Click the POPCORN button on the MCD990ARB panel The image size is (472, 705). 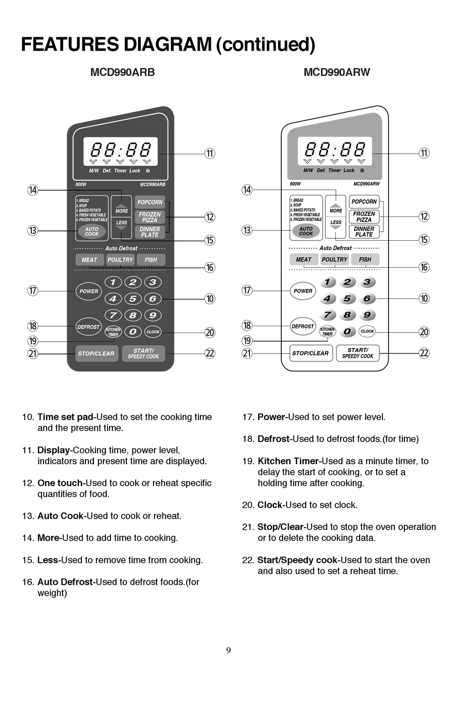coord(150,202)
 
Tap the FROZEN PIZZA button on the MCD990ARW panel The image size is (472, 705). coord(364,216)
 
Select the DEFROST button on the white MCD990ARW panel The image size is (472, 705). coord(303,326)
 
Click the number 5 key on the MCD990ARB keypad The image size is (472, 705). coord(133,298)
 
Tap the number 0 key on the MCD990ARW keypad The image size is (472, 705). coord(347,331)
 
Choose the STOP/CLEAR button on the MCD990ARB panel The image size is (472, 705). coord(96,353)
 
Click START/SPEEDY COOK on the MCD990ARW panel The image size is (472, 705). coord(358,353)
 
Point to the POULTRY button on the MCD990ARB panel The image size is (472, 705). coord(120,260)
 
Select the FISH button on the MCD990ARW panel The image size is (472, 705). coord(365,259)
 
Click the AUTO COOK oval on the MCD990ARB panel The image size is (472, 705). coord(92,231)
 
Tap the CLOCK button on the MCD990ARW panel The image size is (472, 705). coord(367,331)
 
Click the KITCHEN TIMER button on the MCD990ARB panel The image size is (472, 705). coord(113,332)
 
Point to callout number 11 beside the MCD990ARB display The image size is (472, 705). coord(210,153)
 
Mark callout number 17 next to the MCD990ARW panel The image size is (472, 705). coord(247,290)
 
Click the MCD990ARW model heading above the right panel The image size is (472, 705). coord(336,72)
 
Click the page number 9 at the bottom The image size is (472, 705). coord(229,650)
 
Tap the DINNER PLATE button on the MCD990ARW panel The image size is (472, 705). coord(364,232)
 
